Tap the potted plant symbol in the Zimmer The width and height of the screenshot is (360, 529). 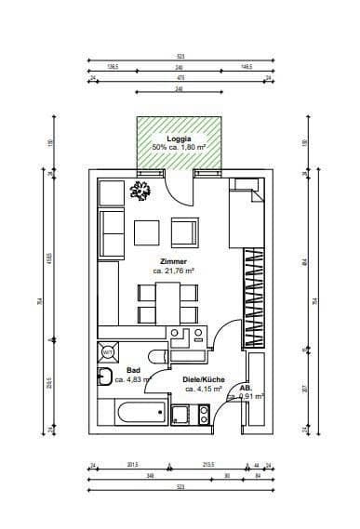142,191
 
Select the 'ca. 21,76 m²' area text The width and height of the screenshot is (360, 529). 174,271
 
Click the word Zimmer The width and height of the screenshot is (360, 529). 174,261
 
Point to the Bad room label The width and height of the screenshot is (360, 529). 133,370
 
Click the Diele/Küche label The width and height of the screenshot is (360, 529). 204,379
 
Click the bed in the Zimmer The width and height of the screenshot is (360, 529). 247,213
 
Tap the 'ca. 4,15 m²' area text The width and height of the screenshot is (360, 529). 204,389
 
